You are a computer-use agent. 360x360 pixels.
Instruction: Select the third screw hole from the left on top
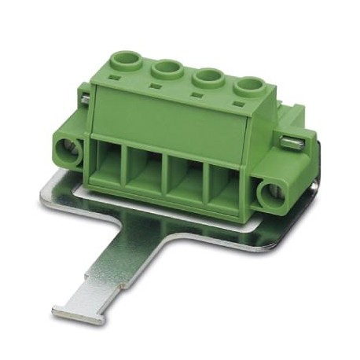click(208, 76)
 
